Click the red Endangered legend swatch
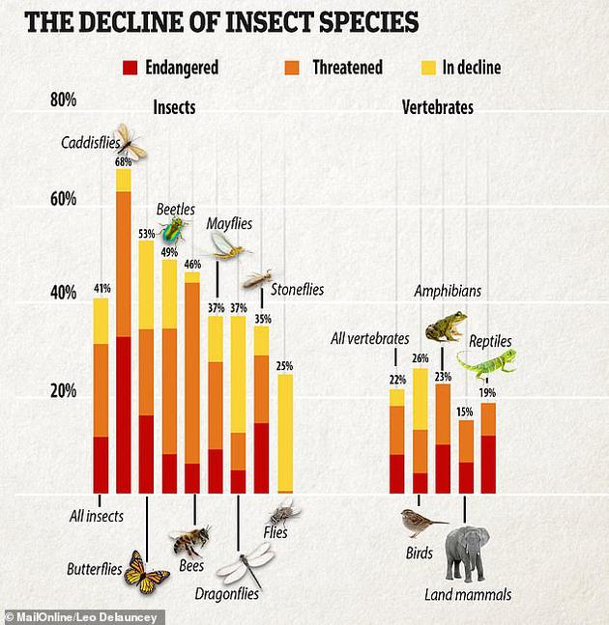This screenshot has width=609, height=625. pos(130,68)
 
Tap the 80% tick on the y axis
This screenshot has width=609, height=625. pos(63,100)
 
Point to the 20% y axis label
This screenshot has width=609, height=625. pos(63,390)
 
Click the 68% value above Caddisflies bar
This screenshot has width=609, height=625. pos(124,161)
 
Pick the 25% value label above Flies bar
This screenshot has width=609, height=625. pos(284,366)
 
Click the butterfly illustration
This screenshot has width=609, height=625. pos(146,570)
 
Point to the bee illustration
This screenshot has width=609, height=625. pos(189,539)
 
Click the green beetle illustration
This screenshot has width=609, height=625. pos(174,229)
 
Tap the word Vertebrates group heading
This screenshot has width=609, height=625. pos(437,107)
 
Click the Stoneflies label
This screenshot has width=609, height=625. pos(297,289)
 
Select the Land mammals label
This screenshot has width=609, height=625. pos(468,594)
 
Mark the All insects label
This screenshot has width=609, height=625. pos(96,516)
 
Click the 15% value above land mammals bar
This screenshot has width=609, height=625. pos(466,412)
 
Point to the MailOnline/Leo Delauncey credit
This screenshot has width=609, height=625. pos(83,616)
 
